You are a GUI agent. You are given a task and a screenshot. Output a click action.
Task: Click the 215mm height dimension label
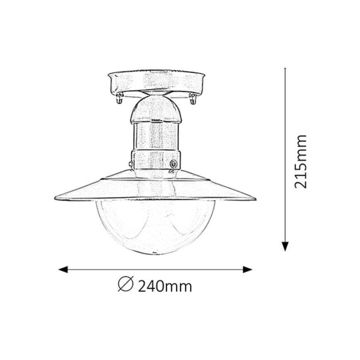point(301,161)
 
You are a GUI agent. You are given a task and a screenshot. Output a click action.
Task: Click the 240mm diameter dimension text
point(165,286)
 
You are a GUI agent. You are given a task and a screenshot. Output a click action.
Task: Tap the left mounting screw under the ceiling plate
point(119,99)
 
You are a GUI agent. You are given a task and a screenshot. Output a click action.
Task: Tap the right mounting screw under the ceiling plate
point(192,99)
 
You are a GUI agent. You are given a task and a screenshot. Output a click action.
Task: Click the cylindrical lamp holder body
point(156,136)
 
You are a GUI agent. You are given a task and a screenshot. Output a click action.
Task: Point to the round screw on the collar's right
point(173,163)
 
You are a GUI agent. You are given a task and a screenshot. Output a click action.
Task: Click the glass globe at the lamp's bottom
point(156,226)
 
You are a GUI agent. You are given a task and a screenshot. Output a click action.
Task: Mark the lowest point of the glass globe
point(156,254)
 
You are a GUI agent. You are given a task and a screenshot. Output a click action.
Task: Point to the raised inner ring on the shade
point(156,179)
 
